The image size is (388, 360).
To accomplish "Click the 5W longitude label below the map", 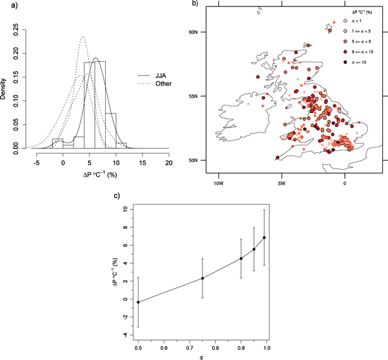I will tap(282, 183).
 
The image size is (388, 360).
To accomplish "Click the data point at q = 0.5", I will tap(138, 302).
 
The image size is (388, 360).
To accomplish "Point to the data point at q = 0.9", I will tap(241, 258).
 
